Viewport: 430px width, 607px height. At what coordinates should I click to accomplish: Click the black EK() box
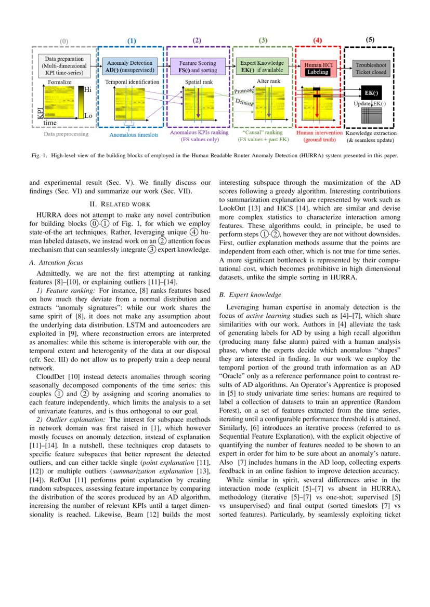[371, 93]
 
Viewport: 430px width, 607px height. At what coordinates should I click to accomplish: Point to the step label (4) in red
[318, 41]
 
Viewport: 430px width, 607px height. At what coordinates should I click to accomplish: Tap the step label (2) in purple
[197, 40]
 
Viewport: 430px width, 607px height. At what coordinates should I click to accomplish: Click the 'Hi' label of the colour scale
[88, 89]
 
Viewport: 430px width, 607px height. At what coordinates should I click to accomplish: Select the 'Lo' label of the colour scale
[88, 116]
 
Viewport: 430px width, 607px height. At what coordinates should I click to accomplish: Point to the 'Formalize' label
[60, 82]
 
